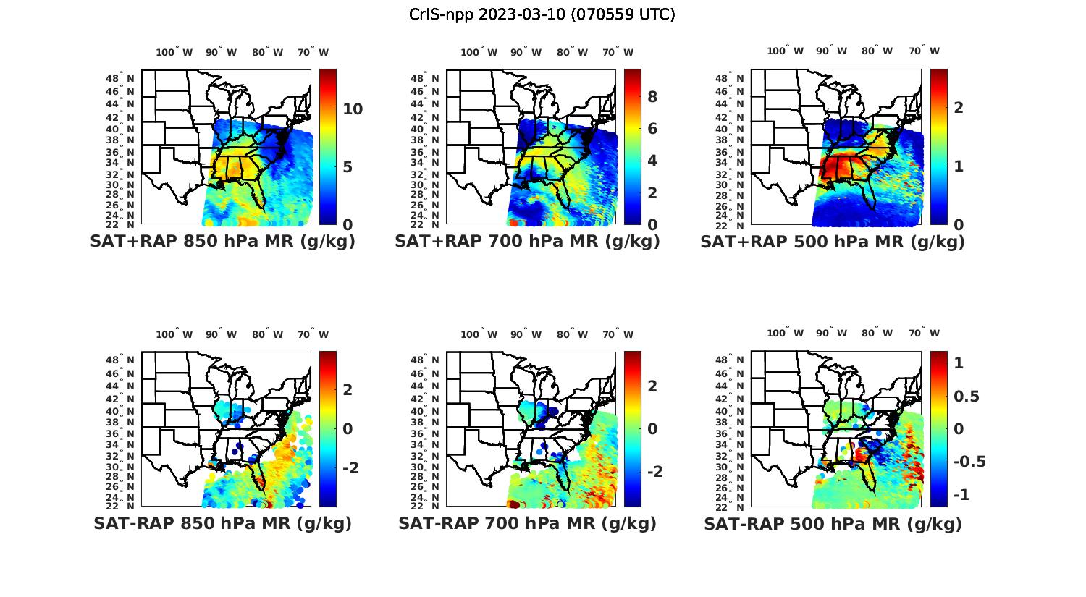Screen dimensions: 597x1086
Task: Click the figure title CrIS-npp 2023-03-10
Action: [542, 14]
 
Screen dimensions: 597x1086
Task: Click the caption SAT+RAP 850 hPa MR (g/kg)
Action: [222, 242]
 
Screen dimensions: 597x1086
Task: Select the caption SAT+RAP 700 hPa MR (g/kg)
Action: [527, 242]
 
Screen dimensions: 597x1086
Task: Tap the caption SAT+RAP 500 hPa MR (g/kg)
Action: [832, 242]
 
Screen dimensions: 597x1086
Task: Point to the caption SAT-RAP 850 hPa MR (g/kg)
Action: [222, 523]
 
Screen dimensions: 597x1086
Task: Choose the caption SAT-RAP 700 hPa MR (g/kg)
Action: [527, 523]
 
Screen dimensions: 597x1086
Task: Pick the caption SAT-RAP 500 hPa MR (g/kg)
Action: [833, 524]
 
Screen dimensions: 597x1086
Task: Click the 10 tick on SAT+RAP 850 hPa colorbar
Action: [353, 109]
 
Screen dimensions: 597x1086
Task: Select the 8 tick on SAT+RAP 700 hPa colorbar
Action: [652, 97]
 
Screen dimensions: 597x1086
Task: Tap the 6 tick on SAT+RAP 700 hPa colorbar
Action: [652, 129]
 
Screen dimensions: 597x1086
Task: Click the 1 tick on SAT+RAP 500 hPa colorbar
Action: [959, 166]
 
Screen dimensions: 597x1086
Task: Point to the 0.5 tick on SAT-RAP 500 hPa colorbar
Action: [967, 397]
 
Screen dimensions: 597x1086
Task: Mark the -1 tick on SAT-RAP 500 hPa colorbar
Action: [962, 495]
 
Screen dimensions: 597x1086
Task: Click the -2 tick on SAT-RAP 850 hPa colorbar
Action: [350, 468]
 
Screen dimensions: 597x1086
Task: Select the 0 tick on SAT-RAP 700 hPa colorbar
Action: [652, 428]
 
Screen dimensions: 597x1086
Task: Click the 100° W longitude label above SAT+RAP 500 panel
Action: [786, 51]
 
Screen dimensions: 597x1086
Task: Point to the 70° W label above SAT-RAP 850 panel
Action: [313, 334]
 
